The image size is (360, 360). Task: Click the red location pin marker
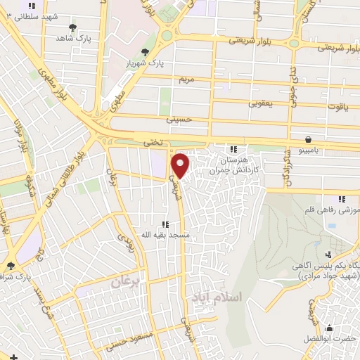point(181,165)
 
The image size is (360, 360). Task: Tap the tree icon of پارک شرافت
point(10,266)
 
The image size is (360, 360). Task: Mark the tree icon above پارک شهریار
point(146,51)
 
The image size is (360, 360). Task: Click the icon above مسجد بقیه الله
point(166,225)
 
